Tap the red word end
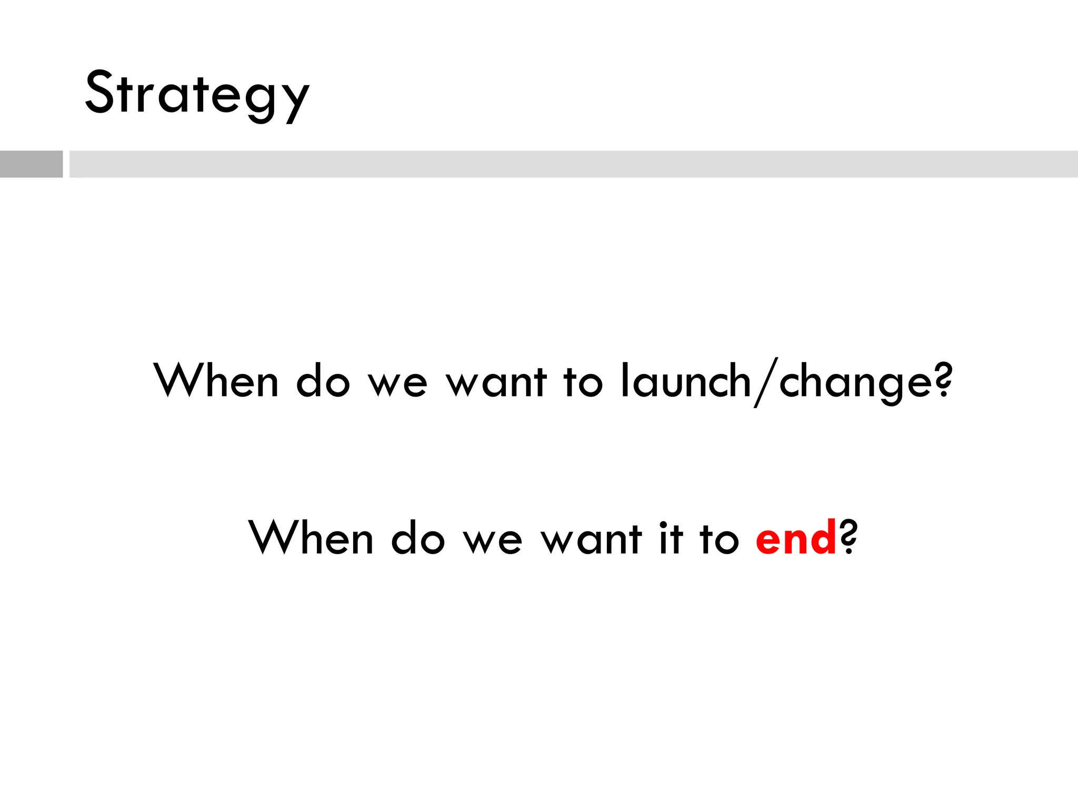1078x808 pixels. tap(795, 538)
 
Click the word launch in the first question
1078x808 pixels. tap(686, 381)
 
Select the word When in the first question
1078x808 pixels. tap(216, 380)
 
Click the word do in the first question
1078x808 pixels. tap(323, 381)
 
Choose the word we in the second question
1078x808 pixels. tap(493, 541)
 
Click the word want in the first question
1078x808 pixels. tap(496, 382)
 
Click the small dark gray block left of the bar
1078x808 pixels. tap(31, 164)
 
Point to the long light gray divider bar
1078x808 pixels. tap(573, 164)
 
